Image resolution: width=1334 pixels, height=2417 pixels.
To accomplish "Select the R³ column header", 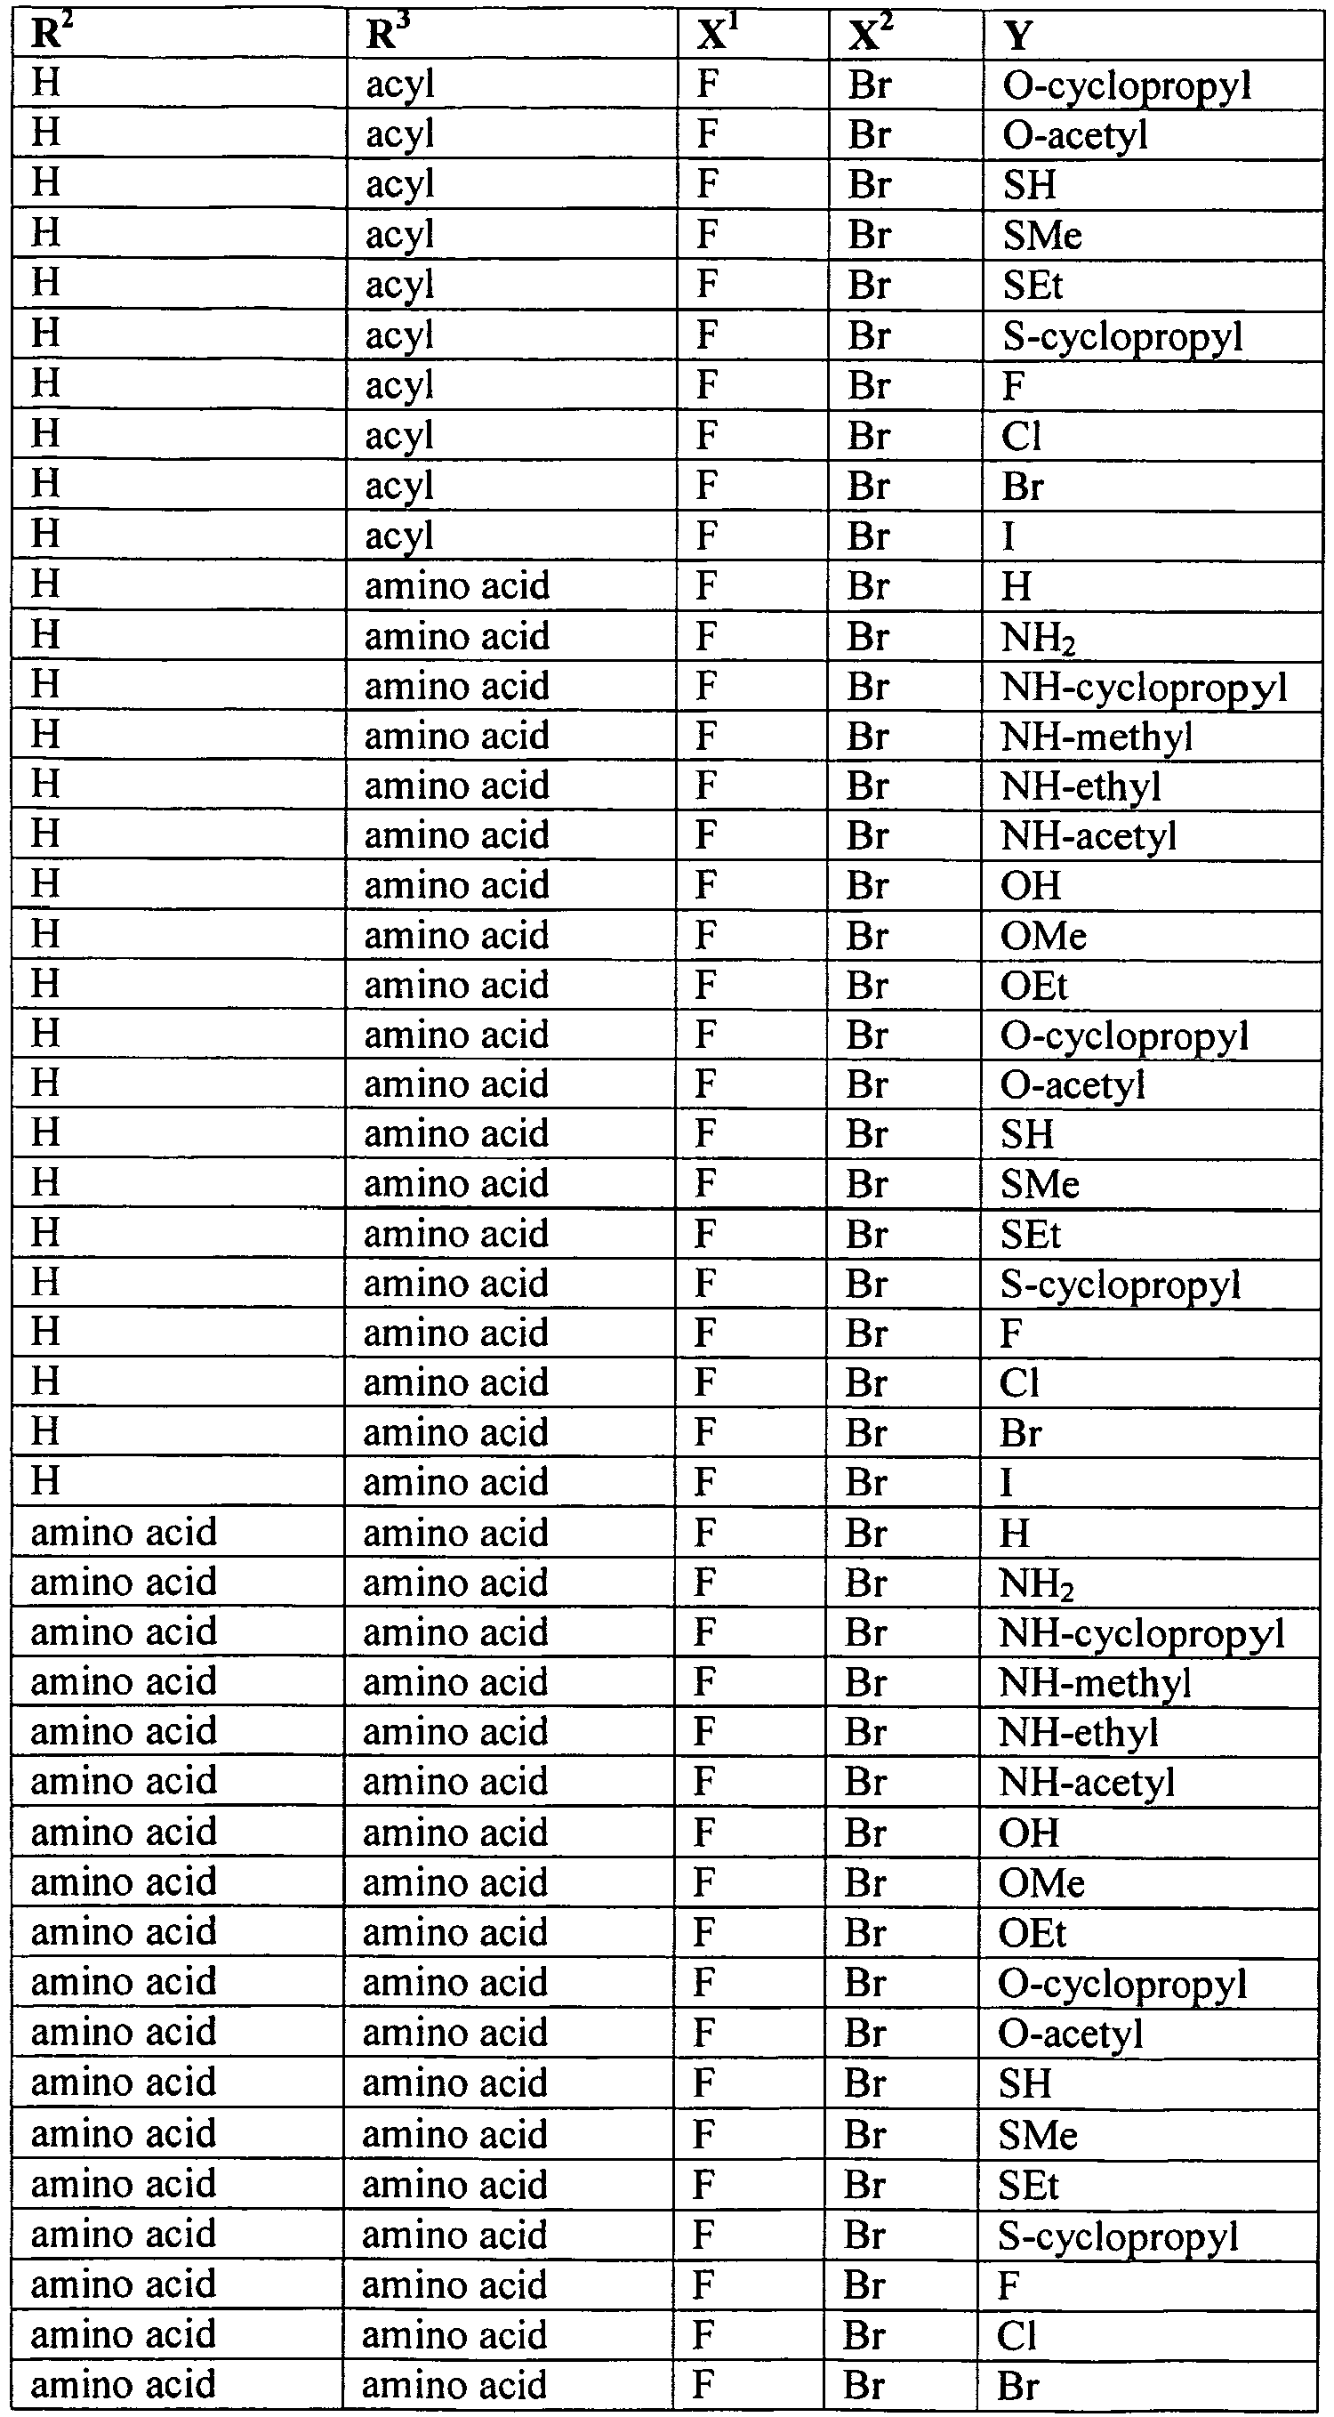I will coord(388,36).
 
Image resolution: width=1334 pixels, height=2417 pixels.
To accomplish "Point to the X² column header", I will coord(869,36).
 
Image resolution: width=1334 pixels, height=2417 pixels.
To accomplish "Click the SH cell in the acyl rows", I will coord(1029,185).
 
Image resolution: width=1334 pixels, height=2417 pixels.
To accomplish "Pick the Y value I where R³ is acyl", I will coord(1009,536).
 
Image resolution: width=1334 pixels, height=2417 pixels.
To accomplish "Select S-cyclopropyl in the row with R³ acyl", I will coord(1122,336).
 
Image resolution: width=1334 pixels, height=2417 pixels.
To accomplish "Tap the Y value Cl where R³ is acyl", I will coord(1021,436).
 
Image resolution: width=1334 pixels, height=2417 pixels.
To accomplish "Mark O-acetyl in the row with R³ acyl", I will coord(1075,135).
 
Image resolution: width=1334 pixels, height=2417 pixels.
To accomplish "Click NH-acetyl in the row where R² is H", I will coord(1089,835).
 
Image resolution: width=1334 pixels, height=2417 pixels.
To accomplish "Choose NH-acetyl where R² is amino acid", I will coord(1087,1781).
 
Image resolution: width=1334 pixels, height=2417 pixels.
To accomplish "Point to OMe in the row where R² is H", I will coord(1043,936).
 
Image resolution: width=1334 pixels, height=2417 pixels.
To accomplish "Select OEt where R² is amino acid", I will coord(1032,1932).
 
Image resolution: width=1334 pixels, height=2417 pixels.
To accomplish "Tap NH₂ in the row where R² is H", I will coord(1037,637).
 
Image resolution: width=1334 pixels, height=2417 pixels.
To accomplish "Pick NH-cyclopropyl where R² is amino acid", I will coord(1141,1632).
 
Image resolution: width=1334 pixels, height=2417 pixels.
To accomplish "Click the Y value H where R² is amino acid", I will coord(1014,1533).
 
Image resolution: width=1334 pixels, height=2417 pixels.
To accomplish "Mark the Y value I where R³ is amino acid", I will coord(1007,1482).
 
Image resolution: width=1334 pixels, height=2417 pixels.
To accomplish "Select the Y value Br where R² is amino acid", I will coord(1018,2384).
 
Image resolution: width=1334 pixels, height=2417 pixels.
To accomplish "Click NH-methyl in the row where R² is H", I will coord(1096,736).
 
